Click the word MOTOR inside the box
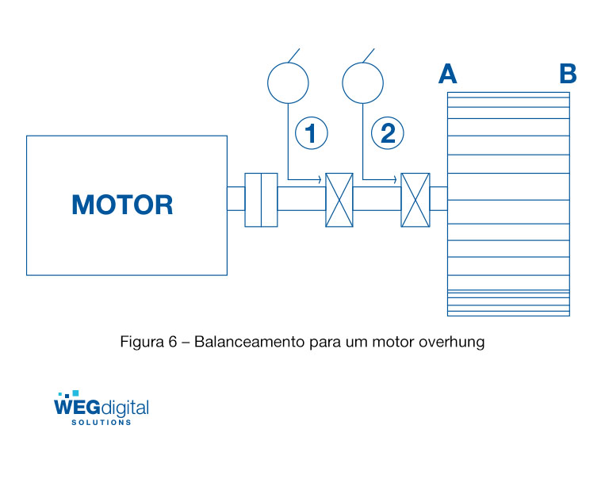(122, 205)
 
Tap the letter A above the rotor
(448, 75)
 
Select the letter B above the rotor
(568, 75)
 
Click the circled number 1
(312, 133)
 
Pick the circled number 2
(388, 133)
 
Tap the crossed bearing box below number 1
(339, 200)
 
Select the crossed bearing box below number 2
(415, 200)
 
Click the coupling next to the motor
(261, 199)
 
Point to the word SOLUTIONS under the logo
(101, 423)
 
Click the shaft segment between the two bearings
(377, 198)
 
